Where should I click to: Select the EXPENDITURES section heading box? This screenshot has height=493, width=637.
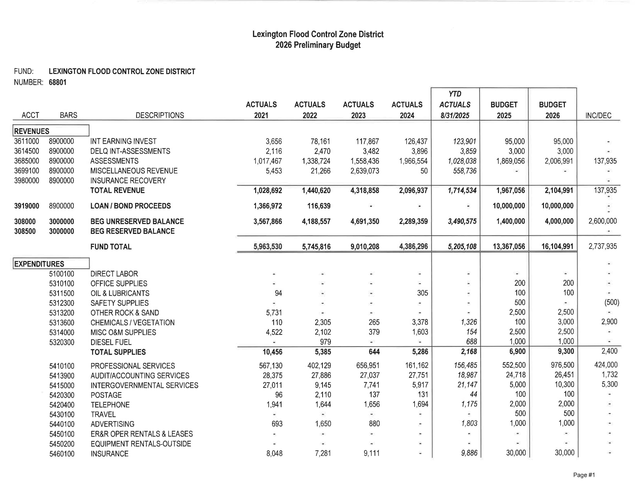point(51,264)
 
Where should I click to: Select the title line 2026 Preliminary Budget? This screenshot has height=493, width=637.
point(318,45)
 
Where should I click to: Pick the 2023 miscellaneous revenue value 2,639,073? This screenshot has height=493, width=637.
point(365,171)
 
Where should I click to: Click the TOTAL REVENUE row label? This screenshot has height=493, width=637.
point(118,190)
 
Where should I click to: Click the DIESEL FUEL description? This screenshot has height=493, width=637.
point(111,342)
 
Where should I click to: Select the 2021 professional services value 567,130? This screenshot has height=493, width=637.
point(270,365)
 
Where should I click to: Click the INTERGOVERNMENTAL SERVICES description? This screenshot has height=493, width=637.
point(144,385)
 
